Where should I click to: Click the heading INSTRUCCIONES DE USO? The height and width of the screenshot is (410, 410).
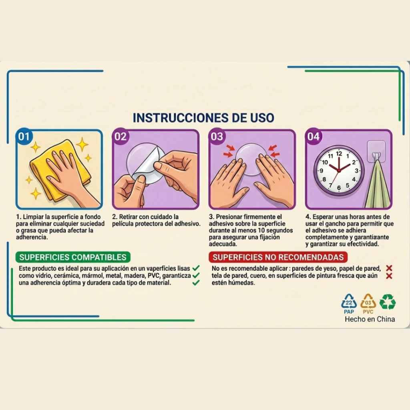point(203,118)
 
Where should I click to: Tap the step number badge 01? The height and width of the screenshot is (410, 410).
point(24,136)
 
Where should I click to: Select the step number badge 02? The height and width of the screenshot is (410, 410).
point(120,136)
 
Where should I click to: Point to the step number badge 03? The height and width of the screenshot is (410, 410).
point(217,136)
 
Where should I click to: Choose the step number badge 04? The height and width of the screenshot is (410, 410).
point(313,136)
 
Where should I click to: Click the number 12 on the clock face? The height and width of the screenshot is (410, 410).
point(339,154)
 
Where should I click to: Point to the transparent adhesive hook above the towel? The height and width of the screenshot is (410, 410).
point(376,151)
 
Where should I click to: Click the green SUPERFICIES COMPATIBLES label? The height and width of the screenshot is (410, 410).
point(73,257)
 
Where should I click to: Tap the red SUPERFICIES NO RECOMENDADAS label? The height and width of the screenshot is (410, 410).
point(278,257)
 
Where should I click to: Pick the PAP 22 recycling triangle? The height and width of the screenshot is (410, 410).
point(349,301)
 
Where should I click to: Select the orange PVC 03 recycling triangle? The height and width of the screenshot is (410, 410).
point(368,301)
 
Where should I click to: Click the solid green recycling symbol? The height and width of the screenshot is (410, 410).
point(388,302)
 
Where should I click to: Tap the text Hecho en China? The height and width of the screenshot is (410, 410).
point(370,319)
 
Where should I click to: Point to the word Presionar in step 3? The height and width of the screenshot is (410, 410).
point(229,217)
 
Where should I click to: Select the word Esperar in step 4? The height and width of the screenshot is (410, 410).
point(323,217)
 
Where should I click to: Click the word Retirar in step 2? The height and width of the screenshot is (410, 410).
point(128,217)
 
